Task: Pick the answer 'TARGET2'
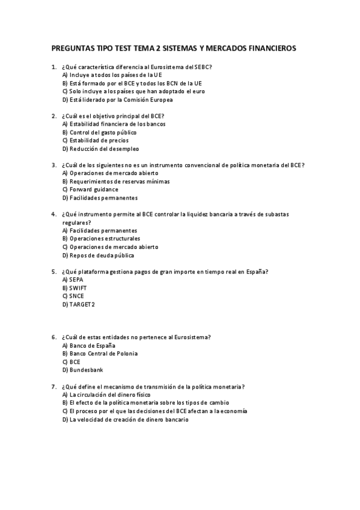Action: point(82,304)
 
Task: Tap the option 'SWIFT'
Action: point(78,287)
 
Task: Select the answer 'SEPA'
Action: point(76,280)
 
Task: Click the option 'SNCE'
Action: point(76,296)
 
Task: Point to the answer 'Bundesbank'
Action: point(86,370)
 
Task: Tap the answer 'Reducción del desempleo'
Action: point(103,149)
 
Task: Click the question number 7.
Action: point(54,386)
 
